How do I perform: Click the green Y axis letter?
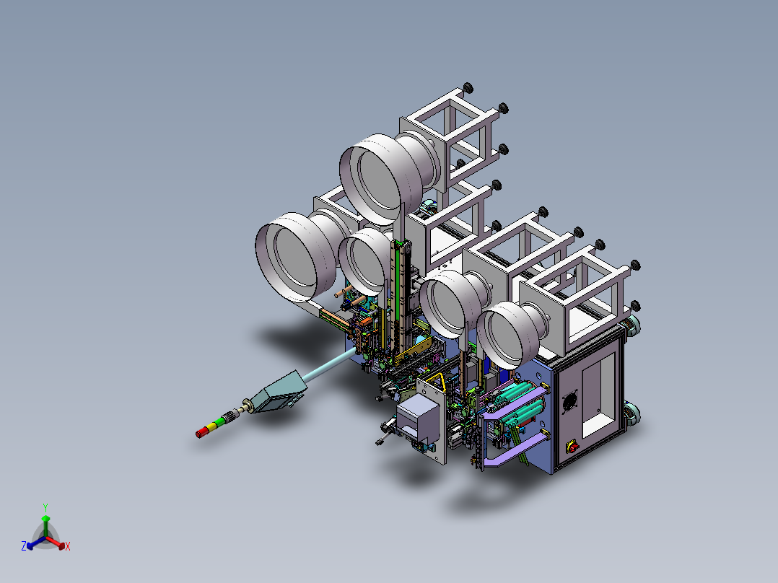click(45, 507)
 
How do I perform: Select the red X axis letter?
click(68, 547)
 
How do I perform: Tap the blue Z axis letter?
click(24, 547)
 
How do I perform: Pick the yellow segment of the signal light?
click(211, 427)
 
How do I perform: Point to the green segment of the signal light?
click(219, 423)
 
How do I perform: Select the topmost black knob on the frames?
click(468, 88)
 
